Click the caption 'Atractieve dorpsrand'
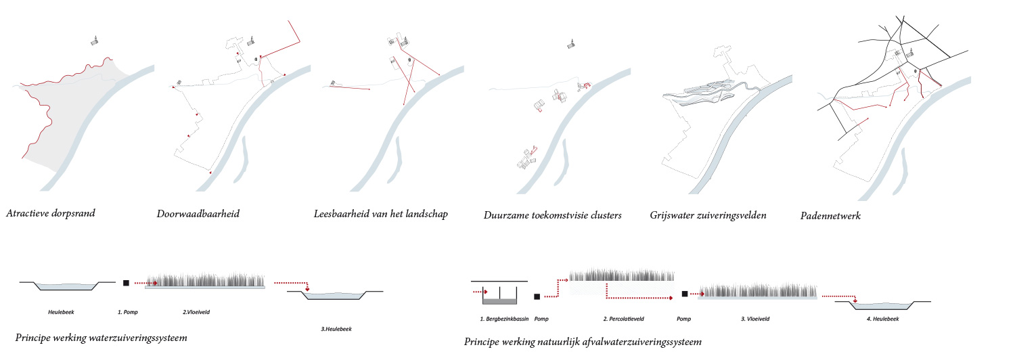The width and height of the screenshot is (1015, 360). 51,214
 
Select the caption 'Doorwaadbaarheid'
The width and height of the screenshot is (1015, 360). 198,215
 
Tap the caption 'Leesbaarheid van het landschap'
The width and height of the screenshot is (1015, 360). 381,215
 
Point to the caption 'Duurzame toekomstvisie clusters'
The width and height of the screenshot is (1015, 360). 552,216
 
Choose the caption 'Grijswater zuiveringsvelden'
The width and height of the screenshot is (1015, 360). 708,216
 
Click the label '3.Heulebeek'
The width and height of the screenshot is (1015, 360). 336,330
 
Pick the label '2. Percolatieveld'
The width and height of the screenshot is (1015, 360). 622,318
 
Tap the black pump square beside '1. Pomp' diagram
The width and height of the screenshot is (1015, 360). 126,284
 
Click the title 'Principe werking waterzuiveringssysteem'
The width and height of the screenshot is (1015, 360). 101,337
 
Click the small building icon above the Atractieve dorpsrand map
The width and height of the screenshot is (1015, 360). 96,41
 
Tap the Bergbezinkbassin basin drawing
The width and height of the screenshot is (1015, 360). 499,296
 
